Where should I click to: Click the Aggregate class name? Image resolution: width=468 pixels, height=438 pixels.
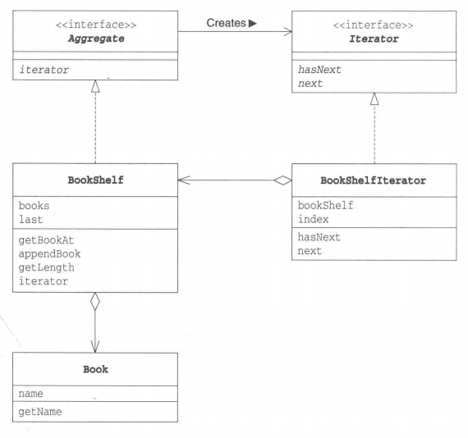click(96, 39)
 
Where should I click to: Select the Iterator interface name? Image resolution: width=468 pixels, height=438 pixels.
click(374, 39)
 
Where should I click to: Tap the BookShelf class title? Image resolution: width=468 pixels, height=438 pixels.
click(95, 180)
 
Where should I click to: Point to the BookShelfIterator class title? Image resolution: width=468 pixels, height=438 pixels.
click(373, 180)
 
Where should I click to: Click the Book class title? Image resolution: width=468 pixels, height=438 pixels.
click(95, 369)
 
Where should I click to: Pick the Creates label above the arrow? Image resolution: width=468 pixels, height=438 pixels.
click(226, 23)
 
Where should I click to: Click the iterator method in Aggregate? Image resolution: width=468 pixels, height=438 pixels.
click(44, 70)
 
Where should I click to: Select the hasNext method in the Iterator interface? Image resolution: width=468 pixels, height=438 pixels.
click(319, 70)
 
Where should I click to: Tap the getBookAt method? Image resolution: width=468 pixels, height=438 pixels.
click(46, 240)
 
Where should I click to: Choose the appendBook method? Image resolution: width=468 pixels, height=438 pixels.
click(49, 254)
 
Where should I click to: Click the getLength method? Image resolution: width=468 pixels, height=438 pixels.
click(46, 267)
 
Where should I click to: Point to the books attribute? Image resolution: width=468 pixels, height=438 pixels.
click(34, 206)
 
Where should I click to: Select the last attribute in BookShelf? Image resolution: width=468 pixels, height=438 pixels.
click(30, 220)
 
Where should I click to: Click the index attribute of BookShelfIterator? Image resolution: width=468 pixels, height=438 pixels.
click(313, 220)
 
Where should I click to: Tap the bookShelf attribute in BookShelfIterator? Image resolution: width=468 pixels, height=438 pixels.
click(325, 205)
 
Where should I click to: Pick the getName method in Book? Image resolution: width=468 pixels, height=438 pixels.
click(40, 412)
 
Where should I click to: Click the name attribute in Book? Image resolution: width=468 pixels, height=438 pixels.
click(30, 394)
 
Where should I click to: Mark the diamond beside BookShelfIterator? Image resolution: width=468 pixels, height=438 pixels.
click(282, 180)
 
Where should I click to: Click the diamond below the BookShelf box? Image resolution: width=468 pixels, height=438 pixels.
click(95, 301)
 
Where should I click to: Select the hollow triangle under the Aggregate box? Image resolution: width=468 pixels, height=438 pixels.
click(95, 86)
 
